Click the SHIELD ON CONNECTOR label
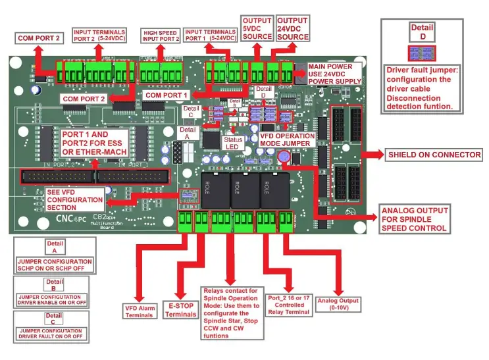pos(434,155)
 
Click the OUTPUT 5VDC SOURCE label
pos(257,28)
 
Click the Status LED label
pos(234,143)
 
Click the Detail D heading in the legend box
pos(422,32)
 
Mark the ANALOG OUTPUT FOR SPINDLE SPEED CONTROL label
pos(414,220)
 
